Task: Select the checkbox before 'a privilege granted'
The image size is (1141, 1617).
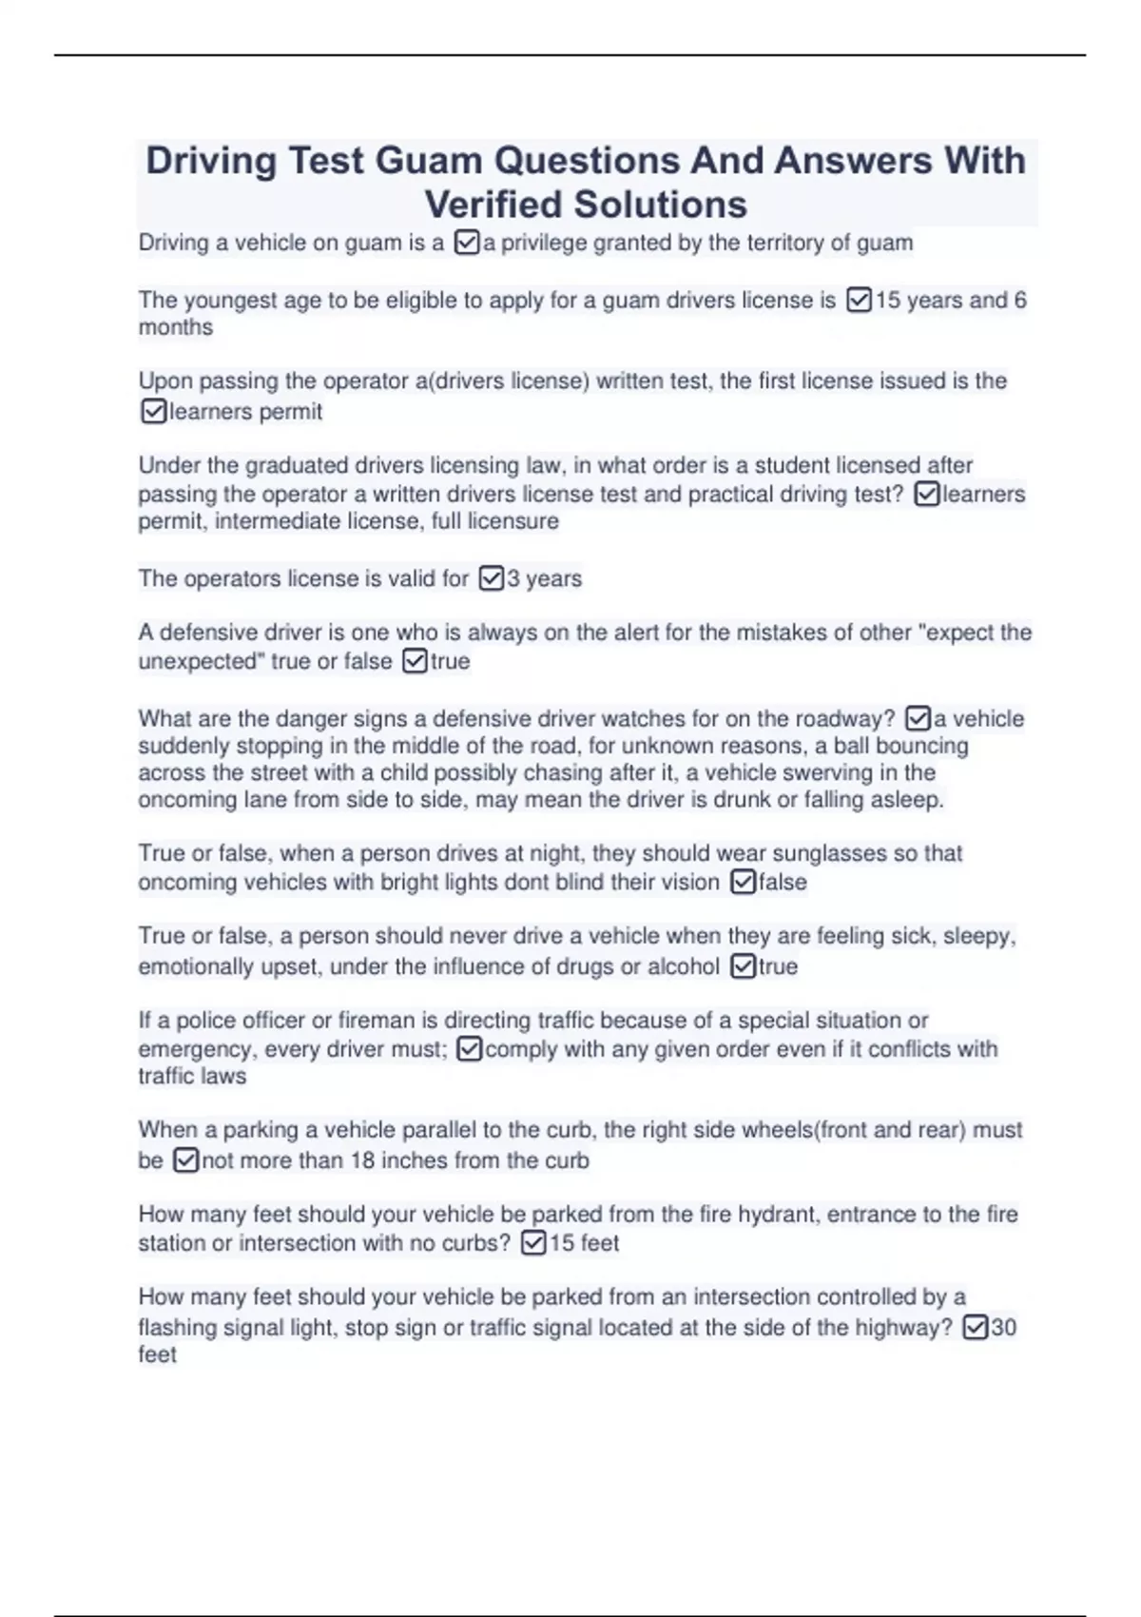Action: tap(467, 244)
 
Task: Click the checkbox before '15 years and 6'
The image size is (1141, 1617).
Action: tap(859, 301)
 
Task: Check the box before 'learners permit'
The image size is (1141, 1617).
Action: tap(153, 412)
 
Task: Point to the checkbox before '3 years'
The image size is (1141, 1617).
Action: tap(491, 578)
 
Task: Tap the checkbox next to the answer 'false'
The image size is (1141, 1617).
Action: tap(744, 883)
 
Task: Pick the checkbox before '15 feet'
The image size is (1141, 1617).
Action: tap(534, 1243)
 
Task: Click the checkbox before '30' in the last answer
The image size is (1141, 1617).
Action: tap(976, 1328)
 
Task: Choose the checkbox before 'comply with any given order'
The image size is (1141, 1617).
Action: tap(470, 1049)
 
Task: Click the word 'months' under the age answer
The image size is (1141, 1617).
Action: tap(176, 327)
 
